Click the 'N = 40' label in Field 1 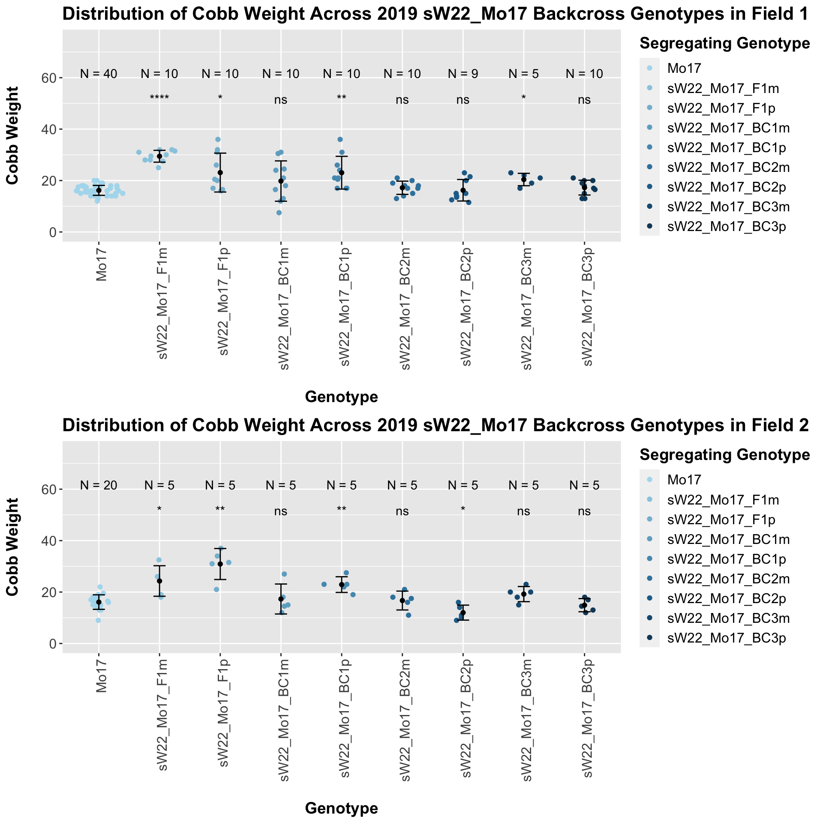pos(99,74)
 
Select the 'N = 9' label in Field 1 pos(463,74)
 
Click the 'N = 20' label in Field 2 pos(99,485)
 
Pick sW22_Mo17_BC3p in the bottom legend pos(727,638)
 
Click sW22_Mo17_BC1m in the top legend pos(728,128)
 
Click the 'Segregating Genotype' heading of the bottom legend pos(724,455)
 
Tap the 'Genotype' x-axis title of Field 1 pos(341,397)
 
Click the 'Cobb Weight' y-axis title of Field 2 pos(13,547)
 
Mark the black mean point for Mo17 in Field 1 pos(99,190)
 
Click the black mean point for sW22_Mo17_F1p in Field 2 pos(220,564)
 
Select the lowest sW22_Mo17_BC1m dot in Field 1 pos(279,213)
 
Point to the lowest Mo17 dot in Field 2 pos(98,620)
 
